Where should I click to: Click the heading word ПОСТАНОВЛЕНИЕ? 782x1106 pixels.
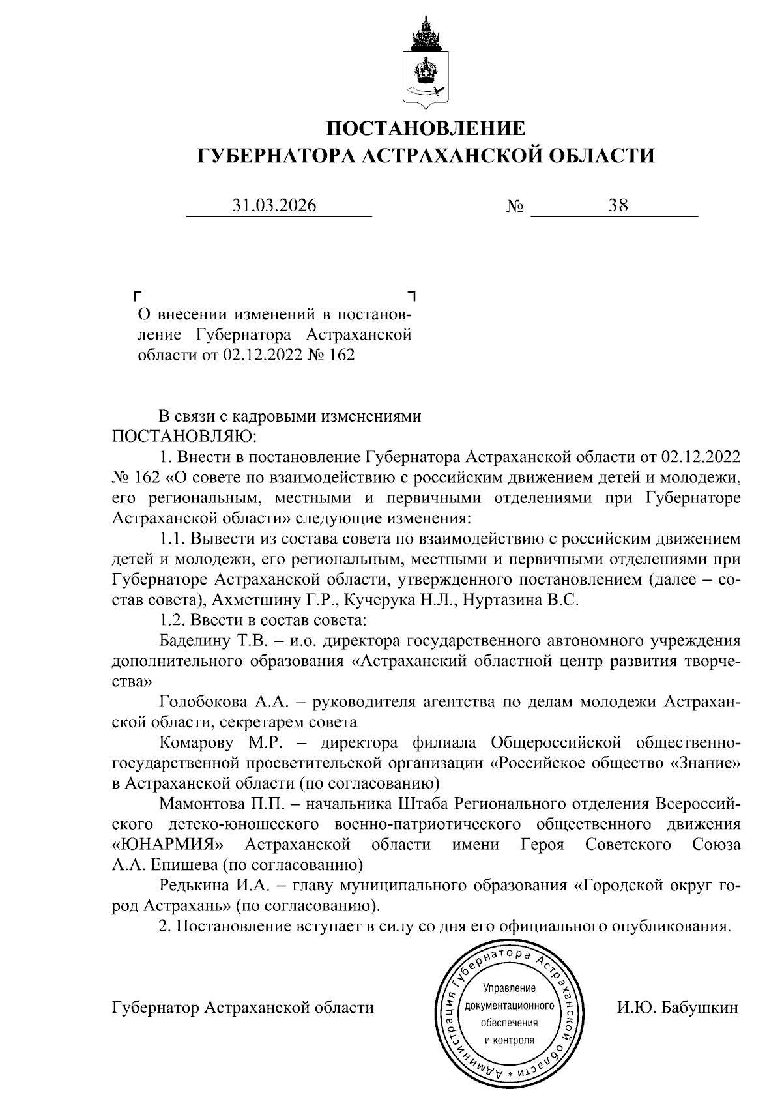(426, 127)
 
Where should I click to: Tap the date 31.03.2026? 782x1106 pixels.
(274, 206)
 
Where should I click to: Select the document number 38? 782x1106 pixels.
(618, 206)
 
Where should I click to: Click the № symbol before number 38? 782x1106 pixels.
(515, 207)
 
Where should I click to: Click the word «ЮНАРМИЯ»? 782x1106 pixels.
(167, 845)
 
